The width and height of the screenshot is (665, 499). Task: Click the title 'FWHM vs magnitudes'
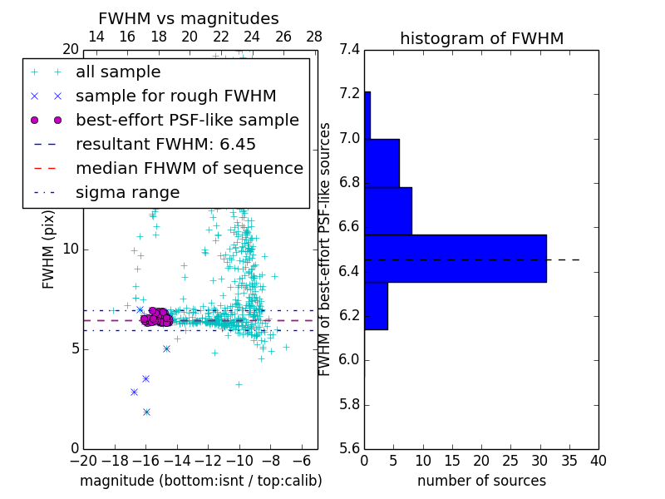189,18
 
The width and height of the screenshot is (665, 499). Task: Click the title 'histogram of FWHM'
481,38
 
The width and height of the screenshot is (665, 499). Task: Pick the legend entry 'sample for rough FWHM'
175,96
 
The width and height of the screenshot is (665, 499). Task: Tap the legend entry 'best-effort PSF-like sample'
187,121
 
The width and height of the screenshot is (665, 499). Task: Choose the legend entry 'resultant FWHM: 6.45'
165,145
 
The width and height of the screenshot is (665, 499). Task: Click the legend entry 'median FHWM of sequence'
189,169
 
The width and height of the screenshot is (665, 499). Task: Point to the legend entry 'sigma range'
127,193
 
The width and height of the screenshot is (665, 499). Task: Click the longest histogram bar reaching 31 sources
455,259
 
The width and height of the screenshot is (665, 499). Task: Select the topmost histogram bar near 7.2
367,115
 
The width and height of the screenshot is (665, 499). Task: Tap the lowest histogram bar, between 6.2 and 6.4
376,306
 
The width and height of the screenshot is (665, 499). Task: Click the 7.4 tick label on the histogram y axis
350,49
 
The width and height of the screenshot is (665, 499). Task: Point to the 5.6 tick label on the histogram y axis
350,449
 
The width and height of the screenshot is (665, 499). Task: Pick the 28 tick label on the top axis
314,37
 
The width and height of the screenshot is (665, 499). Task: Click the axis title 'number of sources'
481,481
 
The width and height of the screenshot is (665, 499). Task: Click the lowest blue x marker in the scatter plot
146,412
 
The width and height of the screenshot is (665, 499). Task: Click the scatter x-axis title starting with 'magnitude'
200,481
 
